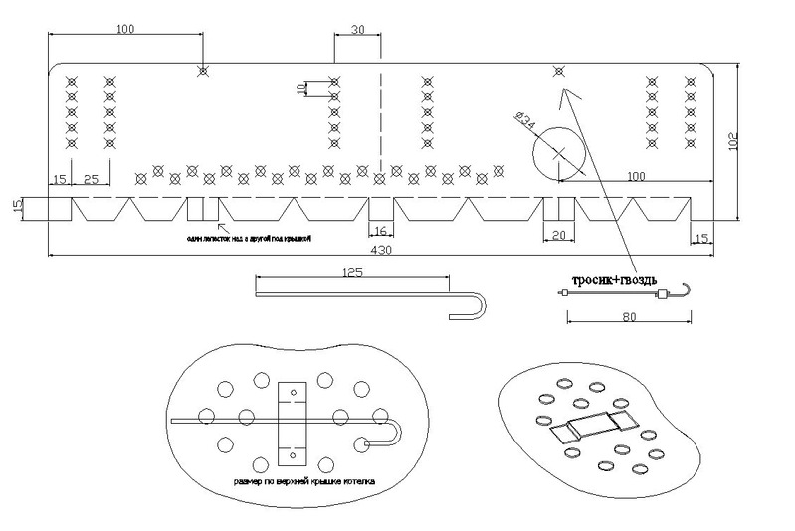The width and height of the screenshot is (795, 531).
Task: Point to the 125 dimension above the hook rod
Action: (x=351, y=271)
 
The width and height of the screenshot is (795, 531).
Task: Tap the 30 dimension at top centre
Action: (x=357, y=30)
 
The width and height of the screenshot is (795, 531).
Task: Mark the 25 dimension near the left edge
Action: (x=92, y=179)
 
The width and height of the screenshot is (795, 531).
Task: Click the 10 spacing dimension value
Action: (x=302, y=88)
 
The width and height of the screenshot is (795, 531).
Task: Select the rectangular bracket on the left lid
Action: (x=294, y=423)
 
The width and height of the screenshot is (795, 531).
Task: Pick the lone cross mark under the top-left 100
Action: (x=203, y=71)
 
